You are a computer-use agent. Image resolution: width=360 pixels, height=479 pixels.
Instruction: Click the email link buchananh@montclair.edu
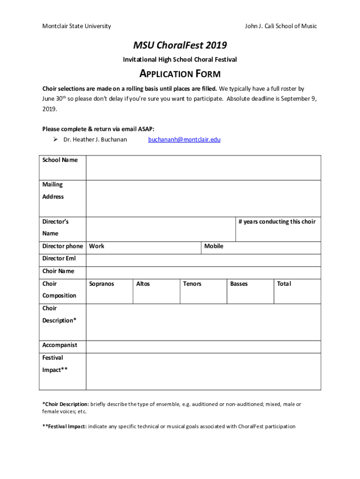point(184,139)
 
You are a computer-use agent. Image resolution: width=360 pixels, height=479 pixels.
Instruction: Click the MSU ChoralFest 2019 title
point(180,45)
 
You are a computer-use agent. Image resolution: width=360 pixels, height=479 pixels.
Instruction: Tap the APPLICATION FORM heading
point(180,74)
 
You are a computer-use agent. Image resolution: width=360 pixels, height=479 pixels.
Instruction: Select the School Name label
point(60,160)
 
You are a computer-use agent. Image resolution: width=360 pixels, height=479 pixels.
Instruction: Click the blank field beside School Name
point(203,167)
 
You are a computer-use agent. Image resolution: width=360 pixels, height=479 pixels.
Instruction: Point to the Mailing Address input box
point(203,198)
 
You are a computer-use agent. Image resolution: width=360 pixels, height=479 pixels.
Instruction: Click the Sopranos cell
point(109,291)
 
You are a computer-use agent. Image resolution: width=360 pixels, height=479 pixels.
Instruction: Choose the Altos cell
point(156,291)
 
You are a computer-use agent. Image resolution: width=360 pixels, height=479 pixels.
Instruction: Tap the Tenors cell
point(203,291)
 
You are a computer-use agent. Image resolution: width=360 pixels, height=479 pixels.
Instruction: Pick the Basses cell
point(250,291)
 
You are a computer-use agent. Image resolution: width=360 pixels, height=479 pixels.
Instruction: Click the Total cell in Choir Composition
point(297,291)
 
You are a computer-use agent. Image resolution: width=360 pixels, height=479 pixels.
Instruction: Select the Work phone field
point(144,247)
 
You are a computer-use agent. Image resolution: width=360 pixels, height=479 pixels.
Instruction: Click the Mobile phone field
point(261,247)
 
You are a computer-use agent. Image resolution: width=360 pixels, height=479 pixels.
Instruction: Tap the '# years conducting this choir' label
point(277,222)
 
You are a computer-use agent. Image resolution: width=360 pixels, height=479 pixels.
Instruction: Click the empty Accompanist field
point(203,347)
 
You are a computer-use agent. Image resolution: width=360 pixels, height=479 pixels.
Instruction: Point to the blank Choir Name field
point(203,272)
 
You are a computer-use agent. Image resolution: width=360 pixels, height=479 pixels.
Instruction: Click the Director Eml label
point(59,259)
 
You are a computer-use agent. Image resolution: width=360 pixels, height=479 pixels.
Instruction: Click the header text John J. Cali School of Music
point(281,26)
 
